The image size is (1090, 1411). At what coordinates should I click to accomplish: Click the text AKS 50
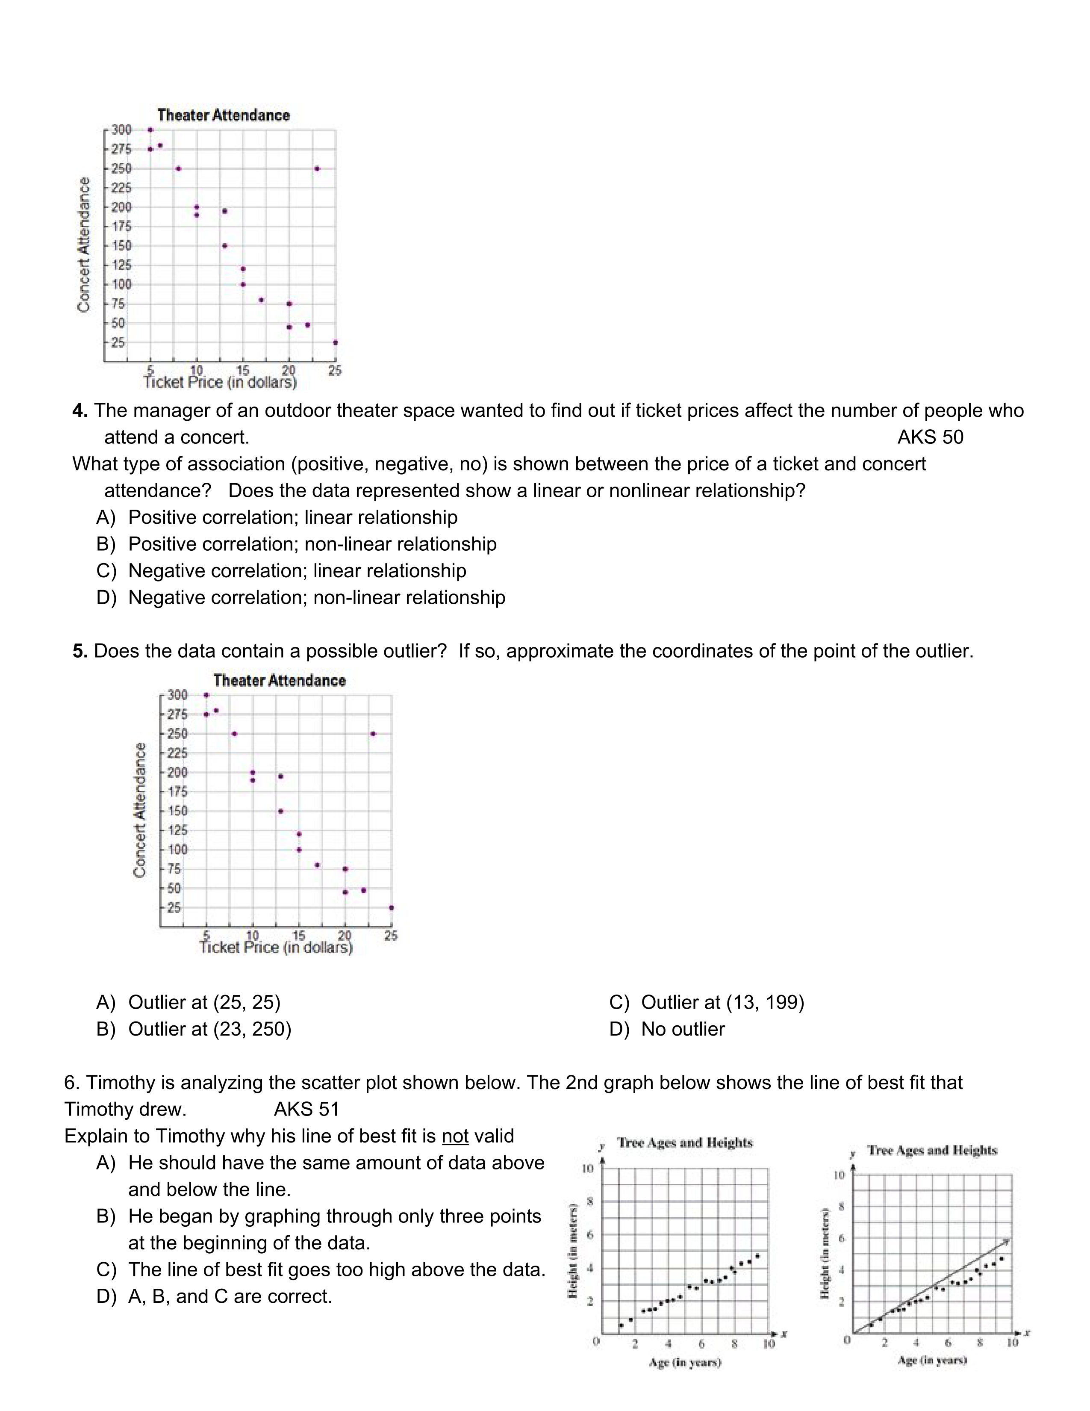coord(930,437)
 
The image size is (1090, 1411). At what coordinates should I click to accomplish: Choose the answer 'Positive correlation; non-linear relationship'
coord(312,544)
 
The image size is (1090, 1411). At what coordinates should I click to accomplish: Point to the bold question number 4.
coord(80,411)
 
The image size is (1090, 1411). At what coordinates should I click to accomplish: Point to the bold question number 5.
coord(80,651)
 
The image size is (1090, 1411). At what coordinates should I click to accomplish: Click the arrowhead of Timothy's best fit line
coord(1008,1241)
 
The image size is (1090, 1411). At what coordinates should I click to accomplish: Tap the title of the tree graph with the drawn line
coord(932,1151)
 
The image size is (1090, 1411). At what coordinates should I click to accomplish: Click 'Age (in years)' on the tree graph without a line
coord(684,1363)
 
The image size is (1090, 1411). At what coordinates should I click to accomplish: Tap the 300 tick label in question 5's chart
coord(177,695)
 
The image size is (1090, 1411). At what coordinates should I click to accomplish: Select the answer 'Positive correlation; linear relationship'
coord(292,517)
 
